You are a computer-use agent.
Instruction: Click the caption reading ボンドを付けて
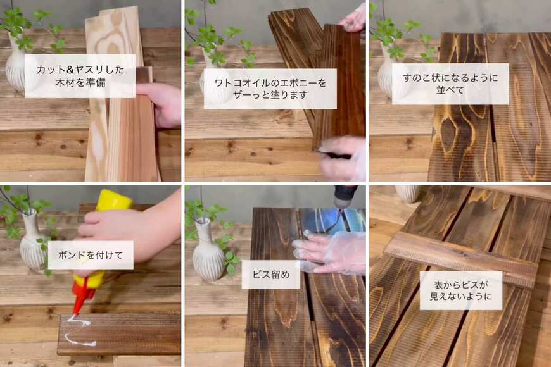pos(91,255)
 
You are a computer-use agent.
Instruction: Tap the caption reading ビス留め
pos(271,275)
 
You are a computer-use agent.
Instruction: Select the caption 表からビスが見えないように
pos(461,290)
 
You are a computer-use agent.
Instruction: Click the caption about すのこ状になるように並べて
pos(450,84)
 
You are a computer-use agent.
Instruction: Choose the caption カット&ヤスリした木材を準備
pos(80,76)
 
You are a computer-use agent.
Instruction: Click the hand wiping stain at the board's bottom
pos(342,158)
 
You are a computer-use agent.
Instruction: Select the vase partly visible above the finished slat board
pos(408,192)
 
